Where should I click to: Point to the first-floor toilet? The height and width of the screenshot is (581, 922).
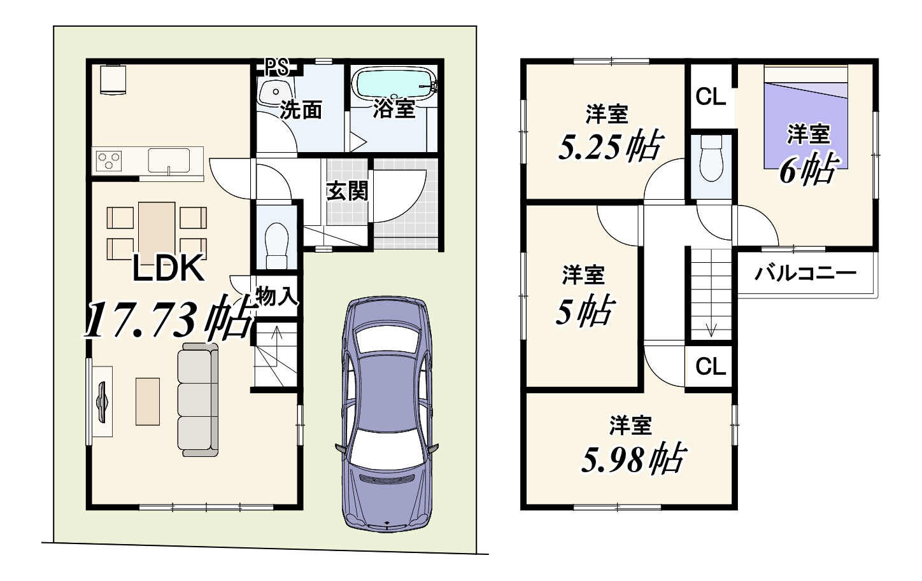click(x=276, y=246)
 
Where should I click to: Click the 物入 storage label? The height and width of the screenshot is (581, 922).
click(x=276, y=297)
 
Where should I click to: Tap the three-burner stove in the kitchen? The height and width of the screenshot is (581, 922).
click(x=109, y=161)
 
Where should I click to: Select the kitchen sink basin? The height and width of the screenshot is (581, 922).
click(x=169, y=160)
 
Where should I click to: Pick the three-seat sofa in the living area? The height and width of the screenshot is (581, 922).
click(x=198, y=400)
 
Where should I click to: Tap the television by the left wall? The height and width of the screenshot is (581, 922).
click(x=102, y=402)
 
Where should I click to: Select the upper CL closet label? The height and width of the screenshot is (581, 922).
click(x=711, y=97)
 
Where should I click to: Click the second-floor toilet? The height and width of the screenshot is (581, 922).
click(x=711, y=158)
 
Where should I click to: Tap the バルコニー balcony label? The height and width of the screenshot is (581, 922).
click(x=805, y=273)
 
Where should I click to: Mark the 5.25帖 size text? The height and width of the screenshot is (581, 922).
click(x=610, y=146)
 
